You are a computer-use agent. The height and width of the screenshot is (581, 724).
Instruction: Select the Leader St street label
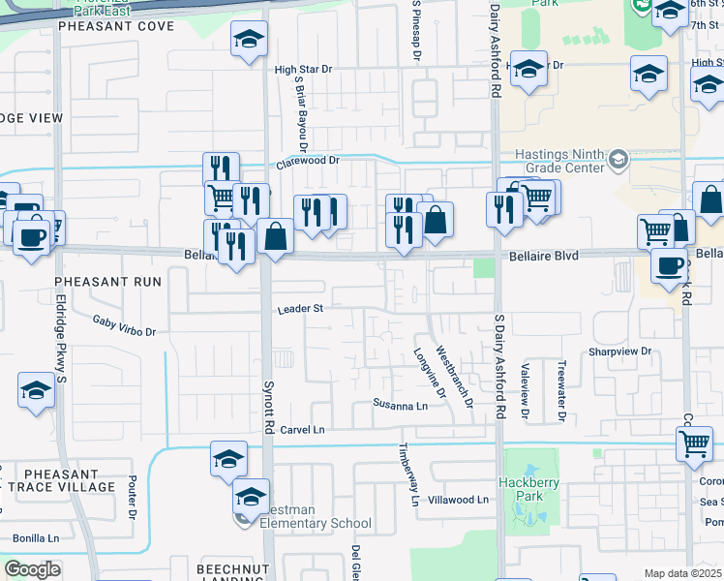[x=299, y=310]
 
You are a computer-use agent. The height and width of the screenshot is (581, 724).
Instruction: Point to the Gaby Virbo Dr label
[x=124, y=325]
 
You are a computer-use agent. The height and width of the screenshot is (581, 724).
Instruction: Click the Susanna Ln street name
[x=401, y=406]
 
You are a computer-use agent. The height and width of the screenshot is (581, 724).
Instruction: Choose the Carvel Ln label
[x=302, y=429]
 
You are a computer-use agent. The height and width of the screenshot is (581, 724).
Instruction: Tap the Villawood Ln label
[x=459, y=500]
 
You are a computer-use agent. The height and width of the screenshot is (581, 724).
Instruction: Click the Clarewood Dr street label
[x=310, y=163]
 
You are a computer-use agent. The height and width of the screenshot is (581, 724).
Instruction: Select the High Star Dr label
[x=303, y=70]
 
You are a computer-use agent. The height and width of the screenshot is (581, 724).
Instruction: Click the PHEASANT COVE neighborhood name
[x=116, y=26]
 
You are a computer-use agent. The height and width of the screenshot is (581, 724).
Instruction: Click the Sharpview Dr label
[x=620, y=352]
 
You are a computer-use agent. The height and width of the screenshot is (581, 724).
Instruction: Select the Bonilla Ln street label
[x=36, y=537]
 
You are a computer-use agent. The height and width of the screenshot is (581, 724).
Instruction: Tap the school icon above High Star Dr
[x=249, y=40]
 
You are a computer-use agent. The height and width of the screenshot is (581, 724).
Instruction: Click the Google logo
[x=33, y=569]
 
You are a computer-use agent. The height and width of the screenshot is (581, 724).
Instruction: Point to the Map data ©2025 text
[x=681, y=573]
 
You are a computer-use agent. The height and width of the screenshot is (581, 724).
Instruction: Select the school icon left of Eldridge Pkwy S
[x=36, y=391]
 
